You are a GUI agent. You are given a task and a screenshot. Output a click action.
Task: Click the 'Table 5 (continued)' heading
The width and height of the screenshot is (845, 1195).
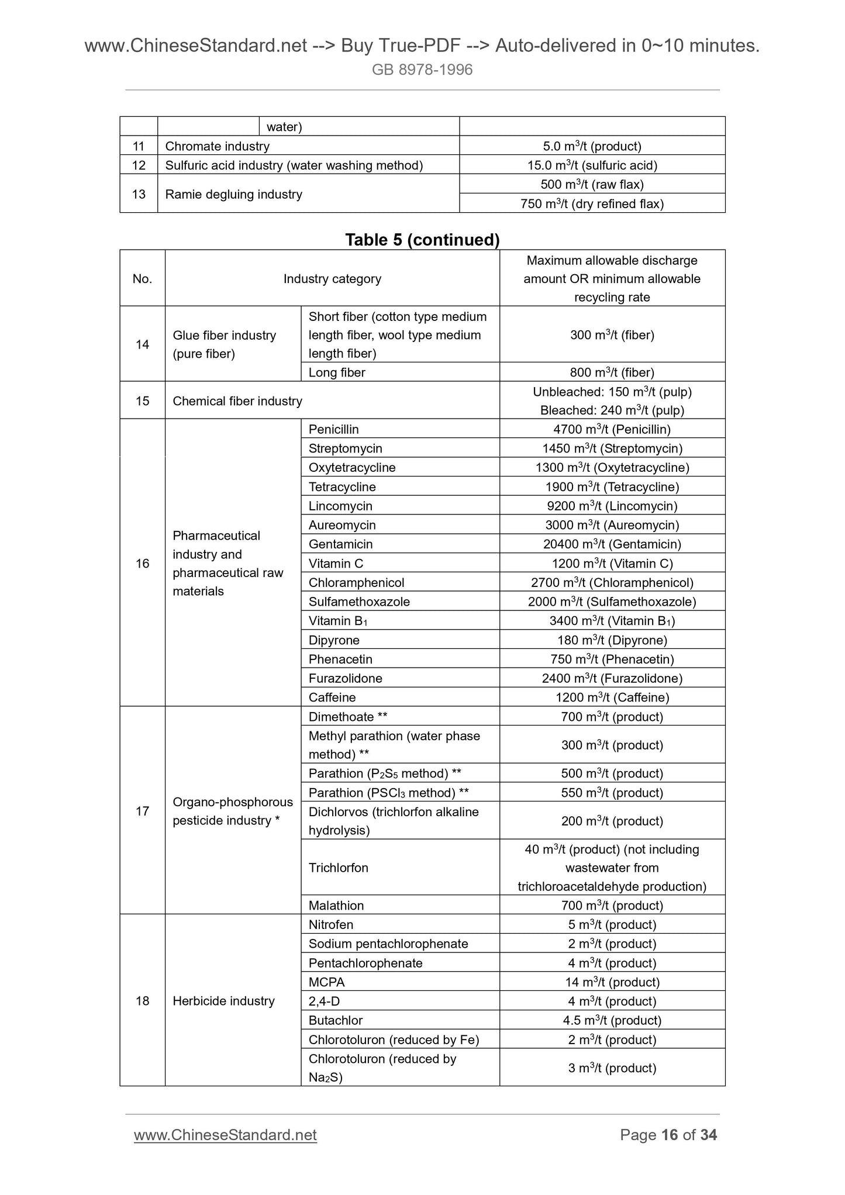point(422,240)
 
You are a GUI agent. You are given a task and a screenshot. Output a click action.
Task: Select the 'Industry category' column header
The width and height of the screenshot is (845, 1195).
point(332,279)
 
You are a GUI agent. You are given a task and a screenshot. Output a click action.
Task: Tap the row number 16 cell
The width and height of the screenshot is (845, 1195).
point(143,564)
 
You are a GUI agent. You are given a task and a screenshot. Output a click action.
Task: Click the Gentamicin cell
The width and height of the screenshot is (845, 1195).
point(341,544)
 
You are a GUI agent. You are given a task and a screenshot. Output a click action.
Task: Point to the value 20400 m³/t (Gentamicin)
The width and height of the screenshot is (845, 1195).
point(612,544)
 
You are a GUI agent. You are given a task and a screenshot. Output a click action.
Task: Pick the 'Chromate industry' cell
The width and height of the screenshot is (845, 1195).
point(218,146)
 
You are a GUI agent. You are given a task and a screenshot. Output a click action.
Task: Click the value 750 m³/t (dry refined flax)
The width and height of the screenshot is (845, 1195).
point(592,204)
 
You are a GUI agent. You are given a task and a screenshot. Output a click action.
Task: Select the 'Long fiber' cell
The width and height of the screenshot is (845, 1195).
point(337,372)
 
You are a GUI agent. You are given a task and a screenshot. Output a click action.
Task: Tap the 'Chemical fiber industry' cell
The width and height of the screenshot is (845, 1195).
point(237,401)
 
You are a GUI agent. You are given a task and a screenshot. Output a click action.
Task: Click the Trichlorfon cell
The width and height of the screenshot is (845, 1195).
point(339,868)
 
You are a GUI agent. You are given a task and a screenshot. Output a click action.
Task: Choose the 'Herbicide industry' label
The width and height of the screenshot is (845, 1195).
point(223,1001)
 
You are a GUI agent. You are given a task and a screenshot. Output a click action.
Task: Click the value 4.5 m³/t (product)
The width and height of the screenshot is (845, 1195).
point(612,1020)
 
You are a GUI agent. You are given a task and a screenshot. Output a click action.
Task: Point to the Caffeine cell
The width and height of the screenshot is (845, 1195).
point(332,697)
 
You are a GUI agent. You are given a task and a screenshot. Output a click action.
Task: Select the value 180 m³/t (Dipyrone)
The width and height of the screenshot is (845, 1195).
point(612,640)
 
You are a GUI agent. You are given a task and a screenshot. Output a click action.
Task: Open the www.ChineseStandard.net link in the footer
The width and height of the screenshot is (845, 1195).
point(225,1135)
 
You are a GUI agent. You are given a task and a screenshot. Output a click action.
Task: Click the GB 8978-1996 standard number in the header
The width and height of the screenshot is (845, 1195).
point(422,70)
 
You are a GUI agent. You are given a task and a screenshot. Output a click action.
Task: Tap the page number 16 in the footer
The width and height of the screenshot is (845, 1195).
point(670,1135)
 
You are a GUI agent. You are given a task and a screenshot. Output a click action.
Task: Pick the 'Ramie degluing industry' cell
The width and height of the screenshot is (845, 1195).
point(233,194)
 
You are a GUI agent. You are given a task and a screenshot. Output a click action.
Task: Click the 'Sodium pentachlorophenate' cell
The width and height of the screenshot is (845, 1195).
point(388,944)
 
